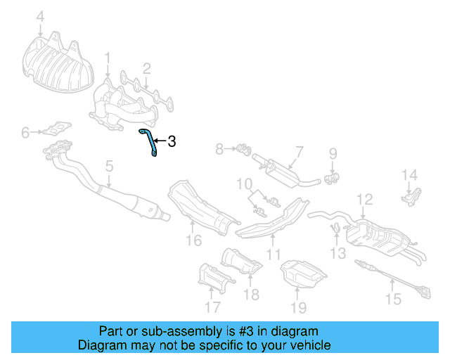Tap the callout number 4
40,15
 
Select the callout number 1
108,57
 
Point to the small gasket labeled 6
55,129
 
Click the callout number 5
109,167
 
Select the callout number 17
212,306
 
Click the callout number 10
244,185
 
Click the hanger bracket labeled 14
412,195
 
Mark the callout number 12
364,201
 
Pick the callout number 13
339,251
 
